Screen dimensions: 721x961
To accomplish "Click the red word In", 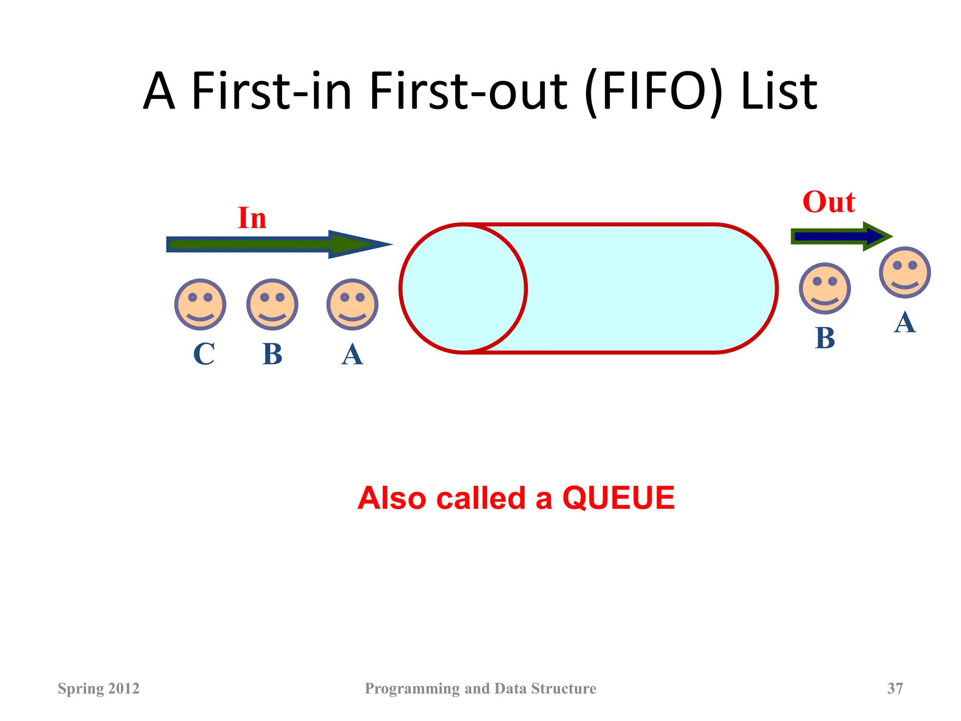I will coord(252,218).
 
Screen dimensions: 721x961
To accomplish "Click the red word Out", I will coord(829,202).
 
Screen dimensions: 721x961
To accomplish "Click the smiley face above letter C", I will coord(200,304).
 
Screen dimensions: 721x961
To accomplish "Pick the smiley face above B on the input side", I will coord(272,304).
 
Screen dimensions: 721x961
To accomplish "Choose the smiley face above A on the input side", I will coord(352,304).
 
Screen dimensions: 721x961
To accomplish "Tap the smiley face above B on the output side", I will coord(824,288).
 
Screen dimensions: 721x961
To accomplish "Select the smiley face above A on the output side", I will coord(905,272).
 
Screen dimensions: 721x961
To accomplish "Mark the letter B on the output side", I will coord(825,338).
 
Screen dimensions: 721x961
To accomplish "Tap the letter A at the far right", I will coord(905,322).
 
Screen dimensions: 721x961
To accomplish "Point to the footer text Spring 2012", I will coord(99,688).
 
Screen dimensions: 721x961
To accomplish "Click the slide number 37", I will coord(895,688).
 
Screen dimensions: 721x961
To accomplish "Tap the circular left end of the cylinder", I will coord(463,288).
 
